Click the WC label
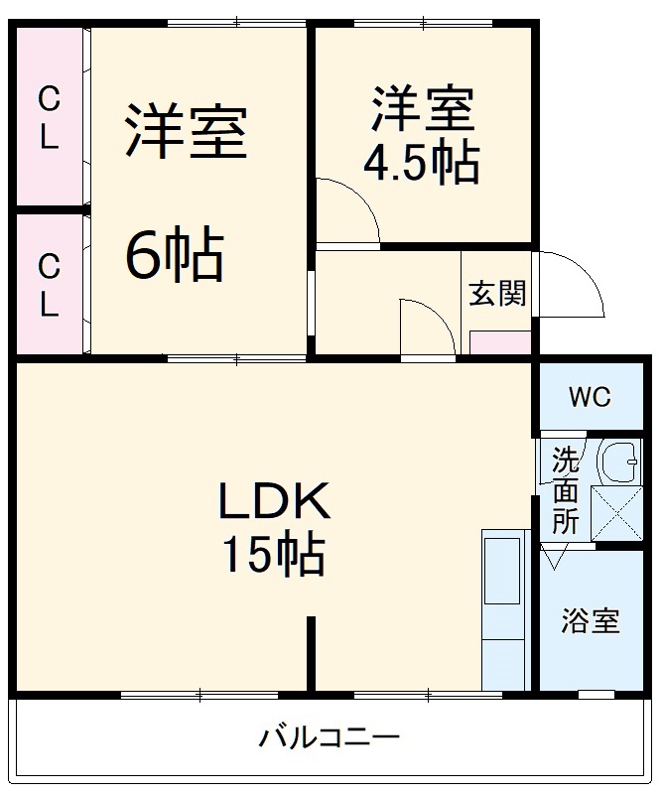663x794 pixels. [590, 397]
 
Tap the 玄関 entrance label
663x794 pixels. [497, 294]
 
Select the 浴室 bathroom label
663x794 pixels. [591, 621]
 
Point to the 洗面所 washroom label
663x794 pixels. [565, 491]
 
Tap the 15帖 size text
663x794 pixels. [273, 555]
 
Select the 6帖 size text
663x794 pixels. [174, 255]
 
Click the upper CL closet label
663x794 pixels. [48, 117]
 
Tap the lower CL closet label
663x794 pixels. [48, 285]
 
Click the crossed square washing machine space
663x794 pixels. [617, 513]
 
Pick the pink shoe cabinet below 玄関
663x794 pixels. [499, 343]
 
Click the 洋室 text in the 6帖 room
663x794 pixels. [186, 132]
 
